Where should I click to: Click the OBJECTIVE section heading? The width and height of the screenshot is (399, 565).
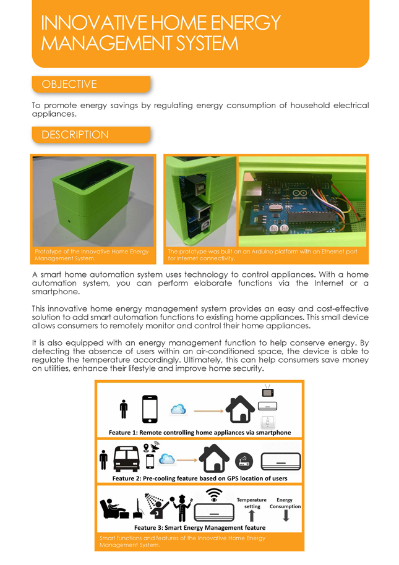pos(69,84)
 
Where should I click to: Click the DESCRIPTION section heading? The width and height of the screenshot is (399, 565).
pos(75,135)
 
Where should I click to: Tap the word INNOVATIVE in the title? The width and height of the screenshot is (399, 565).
pos(92,23)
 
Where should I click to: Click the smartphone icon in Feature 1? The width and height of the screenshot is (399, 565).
pos(150,408)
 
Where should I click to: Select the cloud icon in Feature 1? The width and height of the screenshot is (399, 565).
pos(178,409)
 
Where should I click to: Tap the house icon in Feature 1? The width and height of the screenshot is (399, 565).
pos(240,409)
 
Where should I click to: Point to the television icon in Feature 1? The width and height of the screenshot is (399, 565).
pos(268,391)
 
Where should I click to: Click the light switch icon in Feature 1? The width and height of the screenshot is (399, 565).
pos(268,422)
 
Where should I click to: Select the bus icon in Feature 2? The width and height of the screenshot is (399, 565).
pos(126,458)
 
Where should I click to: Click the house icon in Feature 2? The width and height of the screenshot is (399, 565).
pos(213,458)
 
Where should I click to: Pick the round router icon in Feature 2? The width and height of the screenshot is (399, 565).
pos(242,461)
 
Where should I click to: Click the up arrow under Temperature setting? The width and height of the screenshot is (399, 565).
pos(252,516)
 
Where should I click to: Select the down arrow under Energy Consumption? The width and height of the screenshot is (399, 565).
pos(286,516)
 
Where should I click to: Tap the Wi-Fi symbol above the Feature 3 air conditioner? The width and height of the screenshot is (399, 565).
pos(214,495)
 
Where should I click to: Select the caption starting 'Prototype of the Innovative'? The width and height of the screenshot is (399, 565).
pos(92,255)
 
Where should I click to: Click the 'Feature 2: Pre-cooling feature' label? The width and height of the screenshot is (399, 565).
pos(199,478)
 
